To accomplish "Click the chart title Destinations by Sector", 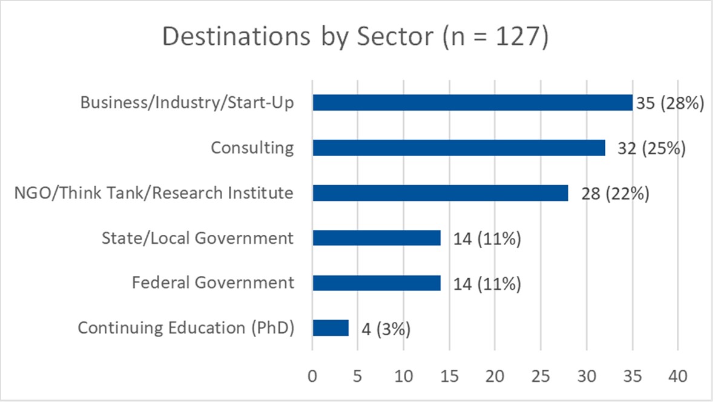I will coord(355,37).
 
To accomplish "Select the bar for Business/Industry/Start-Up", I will coord(472,103).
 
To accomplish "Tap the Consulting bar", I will coord(459,148).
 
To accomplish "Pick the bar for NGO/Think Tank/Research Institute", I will coord(440,193).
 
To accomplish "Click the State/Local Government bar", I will coord(377,238).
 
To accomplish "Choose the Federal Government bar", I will coord(377,283).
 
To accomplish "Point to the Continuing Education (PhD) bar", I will coord(331,328).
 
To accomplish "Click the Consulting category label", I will coord(252,148).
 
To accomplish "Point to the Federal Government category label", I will coord(213,283).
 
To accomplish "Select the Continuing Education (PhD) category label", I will coord(186,328).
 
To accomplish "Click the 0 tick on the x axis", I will coord(312,376).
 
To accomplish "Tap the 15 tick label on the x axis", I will coord(449,376).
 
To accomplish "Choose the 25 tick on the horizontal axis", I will coord(540,376).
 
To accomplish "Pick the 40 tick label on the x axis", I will coord(677,376).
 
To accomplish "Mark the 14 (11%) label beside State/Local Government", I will coord(487,239).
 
